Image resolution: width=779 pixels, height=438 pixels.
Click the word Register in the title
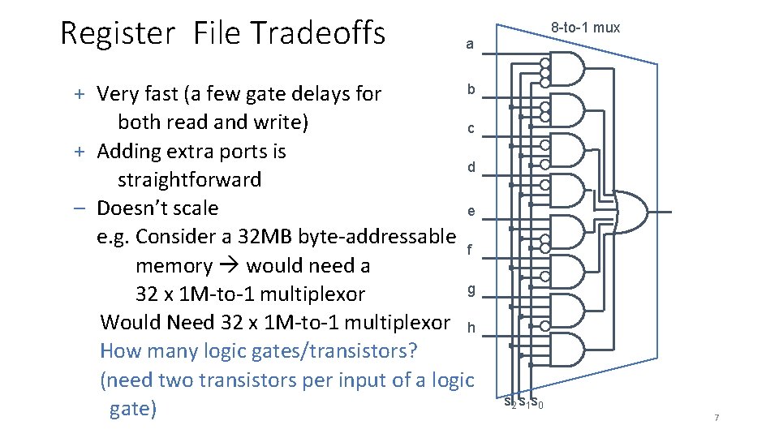tap(117, 33)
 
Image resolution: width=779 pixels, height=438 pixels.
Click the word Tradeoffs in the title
tap(317, 33)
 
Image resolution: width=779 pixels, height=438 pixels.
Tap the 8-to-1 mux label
tap(585, 28)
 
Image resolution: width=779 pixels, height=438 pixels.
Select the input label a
tap(470, 45)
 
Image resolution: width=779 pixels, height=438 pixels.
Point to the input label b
tap(470, 89)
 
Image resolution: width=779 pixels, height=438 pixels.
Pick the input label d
tap(470, 168)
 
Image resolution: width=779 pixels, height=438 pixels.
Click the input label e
tap(470, 212)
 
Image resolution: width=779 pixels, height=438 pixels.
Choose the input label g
tap(470, 290)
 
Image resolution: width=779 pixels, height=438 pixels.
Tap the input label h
tap(470, 328)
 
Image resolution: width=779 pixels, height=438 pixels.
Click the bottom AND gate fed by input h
tap(572, 350)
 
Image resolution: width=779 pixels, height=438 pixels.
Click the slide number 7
tap(717, 417)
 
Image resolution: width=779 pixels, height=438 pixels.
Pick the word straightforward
tap(189, 179)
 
